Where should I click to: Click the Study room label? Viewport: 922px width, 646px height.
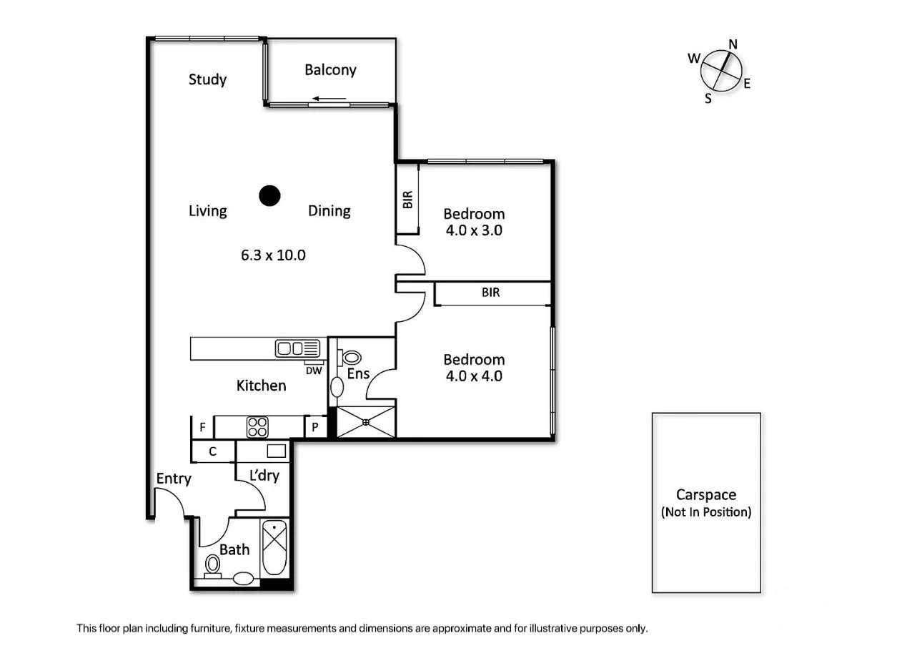207,79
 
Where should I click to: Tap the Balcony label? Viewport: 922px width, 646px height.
330,70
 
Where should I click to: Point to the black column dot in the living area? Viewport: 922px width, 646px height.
269,195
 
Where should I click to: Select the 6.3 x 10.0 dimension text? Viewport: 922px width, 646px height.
273,255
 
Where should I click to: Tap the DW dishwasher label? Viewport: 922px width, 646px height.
314,371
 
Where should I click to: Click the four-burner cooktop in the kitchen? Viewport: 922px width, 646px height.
257,427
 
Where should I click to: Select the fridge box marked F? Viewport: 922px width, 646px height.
203,428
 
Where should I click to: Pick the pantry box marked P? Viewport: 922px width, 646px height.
315,428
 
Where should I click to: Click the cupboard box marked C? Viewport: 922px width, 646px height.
213,452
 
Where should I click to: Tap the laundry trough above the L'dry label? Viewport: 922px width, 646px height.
276,451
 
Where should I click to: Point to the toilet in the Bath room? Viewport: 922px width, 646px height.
212,565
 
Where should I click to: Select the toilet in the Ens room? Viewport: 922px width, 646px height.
350,357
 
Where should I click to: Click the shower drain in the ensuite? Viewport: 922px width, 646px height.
365,422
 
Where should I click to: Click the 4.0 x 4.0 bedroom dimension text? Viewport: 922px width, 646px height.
474,376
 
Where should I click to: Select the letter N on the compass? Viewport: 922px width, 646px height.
733,44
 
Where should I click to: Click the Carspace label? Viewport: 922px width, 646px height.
706,495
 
